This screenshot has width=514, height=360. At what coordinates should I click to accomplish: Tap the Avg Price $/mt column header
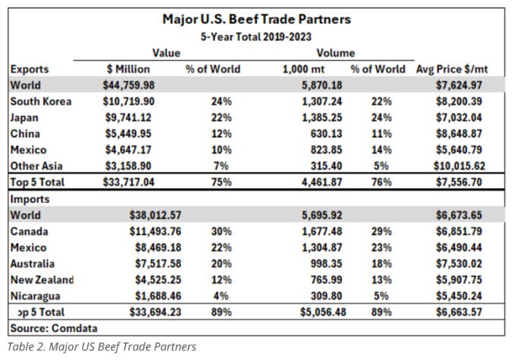click(x=452, y=69)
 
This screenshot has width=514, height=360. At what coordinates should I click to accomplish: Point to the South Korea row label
click(x=41, y=102)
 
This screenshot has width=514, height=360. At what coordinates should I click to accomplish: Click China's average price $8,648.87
click(x=456, y=134)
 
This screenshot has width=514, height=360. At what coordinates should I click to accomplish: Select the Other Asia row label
click(x=39, y=166)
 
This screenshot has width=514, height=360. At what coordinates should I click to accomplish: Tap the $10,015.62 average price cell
click(x=453, y=166)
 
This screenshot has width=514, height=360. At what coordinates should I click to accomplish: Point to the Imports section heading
click(x=31, y=199)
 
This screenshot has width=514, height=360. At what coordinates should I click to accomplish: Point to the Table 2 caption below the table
click(x=102, y=347)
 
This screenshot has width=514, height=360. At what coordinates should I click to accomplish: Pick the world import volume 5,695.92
click(x=312, y=215)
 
